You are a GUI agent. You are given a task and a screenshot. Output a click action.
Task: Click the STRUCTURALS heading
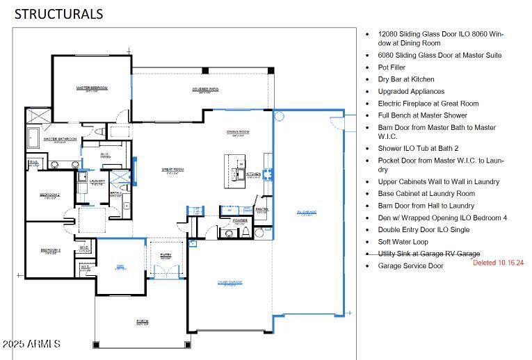[58, 13]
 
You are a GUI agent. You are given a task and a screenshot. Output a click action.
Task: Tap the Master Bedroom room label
[92, 88]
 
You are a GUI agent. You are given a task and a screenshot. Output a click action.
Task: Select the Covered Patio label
[205, 90]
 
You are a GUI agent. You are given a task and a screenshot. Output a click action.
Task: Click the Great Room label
[172, 170]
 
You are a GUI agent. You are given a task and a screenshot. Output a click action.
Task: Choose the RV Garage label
[306, 213]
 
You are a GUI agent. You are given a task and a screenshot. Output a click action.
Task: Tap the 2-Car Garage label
[227, 282]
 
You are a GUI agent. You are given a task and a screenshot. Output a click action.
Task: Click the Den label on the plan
[120, 267]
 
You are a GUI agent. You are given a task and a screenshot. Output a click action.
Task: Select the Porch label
[143, 321]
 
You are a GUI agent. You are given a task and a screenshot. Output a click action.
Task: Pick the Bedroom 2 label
[50, 196]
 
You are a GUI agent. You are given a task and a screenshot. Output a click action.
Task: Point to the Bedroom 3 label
[50, 250]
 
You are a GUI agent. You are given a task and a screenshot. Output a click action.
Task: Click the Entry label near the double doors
[166, 255]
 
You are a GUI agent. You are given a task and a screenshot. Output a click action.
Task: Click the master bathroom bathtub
[35, 138]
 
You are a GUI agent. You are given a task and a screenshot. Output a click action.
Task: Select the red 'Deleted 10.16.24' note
[498, 263]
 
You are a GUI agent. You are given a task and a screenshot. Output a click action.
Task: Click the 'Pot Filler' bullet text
[392, 67]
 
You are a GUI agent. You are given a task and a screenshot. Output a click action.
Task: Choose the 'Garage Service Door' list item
[410, 265]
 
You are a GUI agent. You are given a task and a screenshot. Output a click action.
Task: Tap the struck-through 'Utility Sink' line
[428, 254]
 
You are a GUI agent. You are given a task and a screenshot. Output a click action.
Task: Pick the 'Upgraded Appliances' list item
[411, 91]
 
